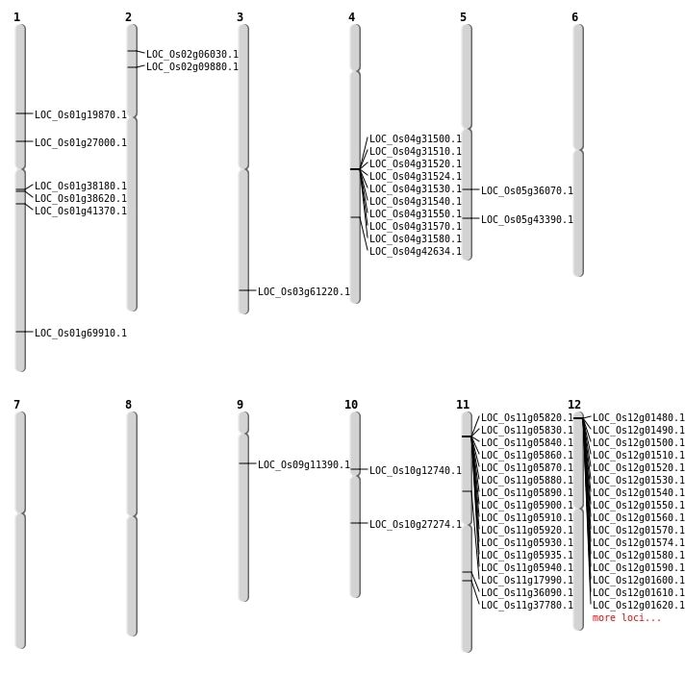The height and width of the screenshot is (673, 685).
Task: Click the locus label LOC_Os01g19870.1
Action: click(x=81, y=115)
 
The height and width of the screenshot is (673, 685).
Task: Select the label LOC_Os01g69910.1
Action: click(x=81, y=334)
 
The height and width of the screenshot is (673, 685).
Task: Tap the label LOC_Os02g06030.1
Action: click(x=192, y=55)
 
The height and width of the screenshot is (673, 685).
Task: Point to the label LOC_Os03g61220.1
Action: click(x=304, y=292)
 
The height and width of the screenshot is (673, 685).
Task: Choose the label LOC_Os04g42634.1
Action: click(x=416, y=252)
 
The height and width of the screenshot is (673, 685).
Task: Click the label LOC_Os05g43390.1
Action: click(x=527, y=220)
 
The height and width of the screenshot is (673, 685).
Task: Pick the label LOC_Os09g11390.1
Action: click(x=304, y=465)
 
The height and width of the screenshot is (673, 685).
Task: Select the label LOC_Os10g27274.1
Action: click(x=416, y=525)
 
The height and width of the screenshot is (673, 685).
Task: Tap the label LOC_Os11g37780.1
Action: click(x=527, y=606)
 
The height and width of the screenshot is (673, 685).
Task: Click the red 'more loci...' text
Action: click(x=627, y=618)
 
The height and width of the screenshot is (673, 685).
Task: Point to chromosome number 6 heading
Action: click(x=574, y=17)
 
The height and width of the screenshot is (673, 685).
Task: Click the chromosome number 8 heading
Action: click(x=128, y=405)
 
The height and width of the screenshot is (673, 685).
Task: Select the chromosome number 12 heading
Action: click(x=574, y=405)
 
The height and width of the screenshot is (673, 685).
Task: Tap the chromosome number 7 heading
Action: click(x=16, y=405)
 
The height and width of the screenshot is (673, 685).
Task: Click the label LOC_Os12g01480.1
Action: click(x=639, y=418)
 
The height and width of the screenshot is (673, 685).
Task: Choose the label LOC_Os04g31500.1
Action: click(x=416, y=139)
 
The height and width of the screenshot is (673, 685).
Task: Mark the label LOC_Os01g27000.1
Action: click(x=81, y=143)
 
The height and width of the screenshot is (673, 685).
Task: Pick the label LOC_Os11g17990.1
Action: click(x=527, y=581)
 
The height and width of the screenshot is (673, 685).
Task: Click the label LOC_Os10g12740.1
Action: click(x=416, y=471)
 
